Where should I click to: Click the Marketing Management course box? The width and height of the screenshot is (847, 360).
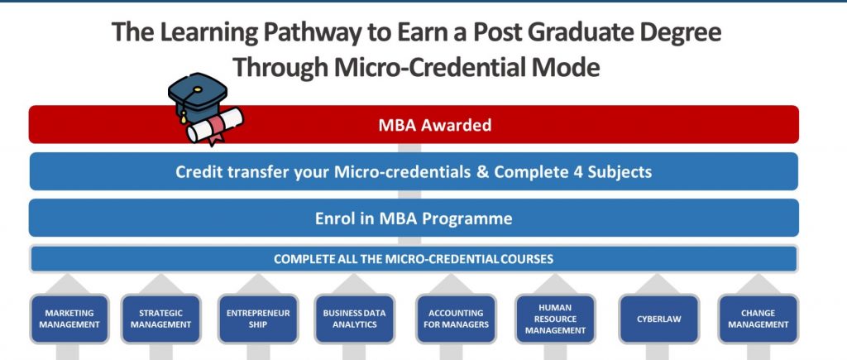click(x=69, y=319)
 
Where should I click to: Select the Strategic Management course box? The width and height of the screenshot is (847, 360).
click(x=161, y=319)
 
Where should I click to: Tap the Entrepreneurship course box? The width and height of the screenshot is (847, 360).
click(x=258, y=319)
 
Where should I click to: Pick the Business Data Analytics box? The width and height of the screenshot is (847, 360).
click(x=354, y=319)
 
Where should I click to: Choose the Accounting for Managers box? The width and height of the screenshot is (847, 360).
click(x=456, y=319)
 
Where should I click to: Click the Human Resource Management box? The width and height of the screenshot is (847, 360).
click(x=555, y=319)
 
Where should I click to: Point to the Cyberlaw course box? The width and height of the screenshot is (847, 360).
click(x=658, y=319)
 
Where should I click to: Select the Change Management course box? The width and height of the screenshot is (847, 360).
click(x=758, y=319)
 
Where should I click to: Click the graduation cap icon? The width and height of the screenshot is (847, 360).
click(x=197, y=98)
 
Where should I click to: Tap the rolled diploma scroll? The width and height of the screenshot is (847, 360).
click(x=215, y=127)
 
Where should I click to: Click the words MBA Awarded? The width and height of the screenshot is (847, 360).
click(x=435, y=126)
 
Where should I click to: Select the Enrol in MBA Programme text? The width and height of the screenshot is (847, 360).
click(x=414, y=218)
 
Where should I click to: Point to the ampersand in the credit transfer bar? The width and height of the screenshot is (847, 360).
click(x=482, y=172)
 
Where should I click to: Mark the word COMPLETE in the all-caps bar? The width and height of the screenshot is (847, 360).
click(x=299, y=259)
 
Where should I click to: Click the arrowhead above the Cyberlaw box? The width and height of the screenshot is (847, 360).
click(x=658, y=283)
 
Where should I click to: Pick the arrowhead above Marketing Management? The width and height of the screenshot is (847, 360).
click(x=68, y=283)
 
